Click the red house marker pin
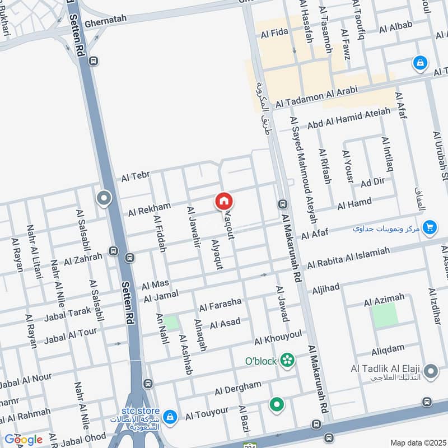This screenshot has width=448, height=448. (x=224, y=201)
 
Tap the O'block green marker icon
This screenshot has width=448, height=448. (x=288, y=360)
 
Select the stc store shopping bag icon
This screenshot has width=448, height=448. (x=171, y=417)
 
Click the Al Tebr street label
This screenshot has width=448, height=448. (x=136, y=178)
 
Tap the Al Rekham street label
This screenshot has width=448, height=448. (x=149, y=209)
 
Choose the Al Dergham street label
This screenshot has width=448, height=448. (x=237, y=386)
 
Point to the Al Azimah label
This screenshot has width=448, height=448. (x=384, y=301)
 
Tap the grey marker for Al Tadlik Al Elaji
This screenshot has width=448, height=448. (x=431, y=370)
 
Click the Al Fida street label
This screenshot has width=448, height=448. (x=274, y=34)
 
